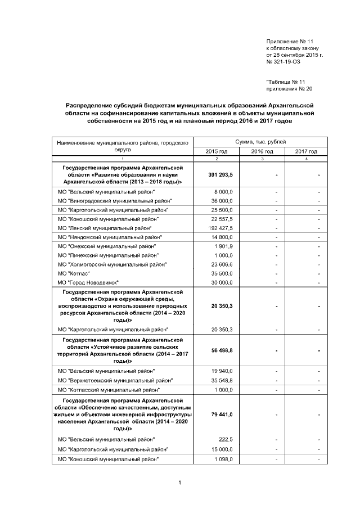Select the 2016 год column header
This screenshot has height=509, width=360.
point(262,151)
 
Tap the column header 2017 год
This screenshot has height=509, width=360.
point(306,151)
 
